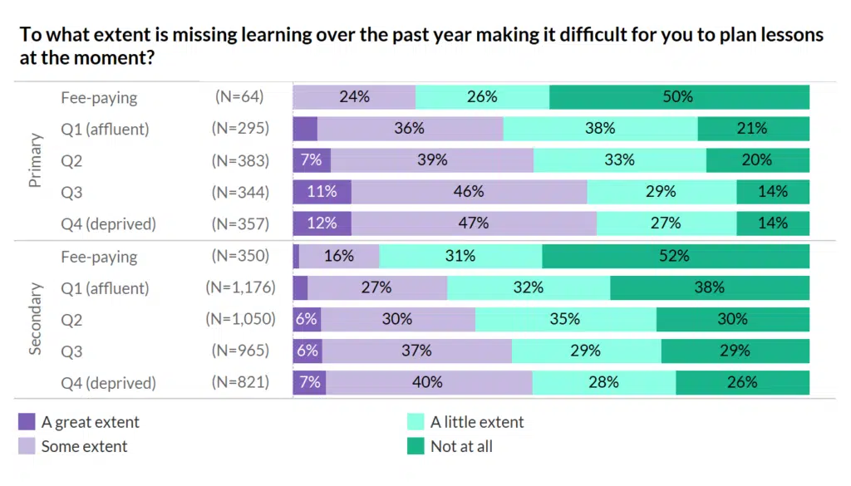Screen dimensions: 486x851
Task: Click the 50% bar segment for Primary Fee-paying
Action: (679, 97)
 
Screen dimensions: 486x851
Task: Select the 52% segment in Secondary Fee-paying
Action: (676, 257)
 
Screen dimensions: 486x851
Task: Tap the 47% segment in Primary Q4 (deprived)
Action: (474, 223)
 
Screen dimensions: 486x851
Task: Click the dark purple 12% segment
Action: (322, 223)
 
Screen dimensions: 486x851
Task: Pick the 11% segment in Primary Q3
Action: (322, 192)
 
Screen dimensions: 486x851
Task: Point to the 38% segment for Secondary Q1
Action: (710, 288)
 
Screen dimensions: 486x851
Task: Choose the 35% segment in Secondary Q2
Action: (566, 320)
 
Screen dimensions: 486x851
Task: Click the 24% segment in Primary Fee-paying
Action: (354, 97)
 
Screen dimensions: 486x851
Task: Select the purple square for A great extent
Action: (27, 422)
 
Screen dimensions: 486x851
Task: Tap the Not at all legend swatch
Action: (416, 447)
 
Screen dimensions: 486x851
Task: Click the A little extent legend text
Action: (477, 422)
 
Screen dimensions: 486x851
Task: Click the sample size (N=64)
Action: (239, 97)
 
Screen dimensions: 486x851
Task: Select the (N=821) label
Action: (240, 383)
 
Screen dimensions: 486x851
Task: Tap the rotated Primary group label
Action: (36, 161)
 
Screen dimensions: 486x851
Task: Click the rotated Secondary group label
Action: (36, 319)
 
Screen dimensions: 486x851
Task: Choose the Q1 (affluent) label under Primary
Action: (105, 129)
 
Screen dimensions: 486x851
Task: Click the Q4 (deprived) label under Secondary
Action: (108, 383)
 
